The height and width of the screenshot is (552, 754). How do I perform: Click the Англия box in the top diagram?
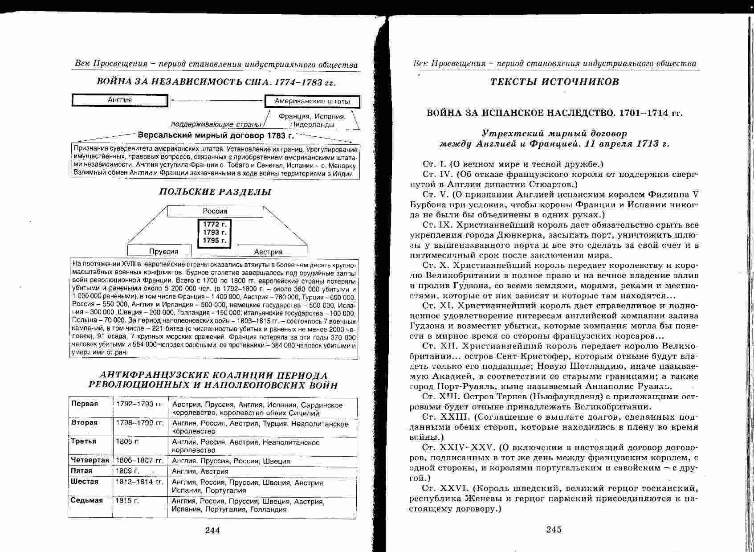120,100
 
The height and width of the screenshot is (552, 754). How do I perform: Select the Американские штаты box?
312,101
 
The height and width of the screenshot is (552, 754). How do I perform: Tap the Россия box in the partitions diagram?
215,211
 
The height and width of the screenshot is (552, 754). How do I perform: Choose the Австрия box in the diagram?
268,252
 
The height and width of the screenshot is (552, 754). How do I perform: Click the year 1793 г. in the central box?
215,232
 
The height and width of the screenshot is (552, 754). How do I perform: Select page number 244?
212,530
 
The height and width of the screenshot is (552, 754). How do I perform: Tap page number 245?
554,529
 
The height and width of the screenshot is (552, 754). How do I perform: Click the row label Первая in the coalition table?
84,404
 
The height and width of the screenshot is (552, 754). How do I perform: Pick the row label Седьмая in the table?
87,500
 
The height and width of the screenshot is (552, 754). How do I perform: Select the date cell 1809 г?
127,471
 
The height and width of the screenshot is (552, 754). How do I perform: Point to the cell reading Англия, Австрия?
200,471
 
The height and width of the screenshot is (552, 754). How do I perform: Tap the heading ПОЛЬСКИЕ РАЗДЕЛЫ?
215,192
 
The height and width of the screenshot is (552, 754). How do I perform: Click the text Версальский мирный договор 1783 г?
216,135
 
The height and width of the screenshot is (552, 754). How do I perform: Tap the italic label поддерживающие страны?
216,124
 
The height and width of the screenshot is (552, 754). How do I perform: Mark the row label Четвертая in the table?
90,460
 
